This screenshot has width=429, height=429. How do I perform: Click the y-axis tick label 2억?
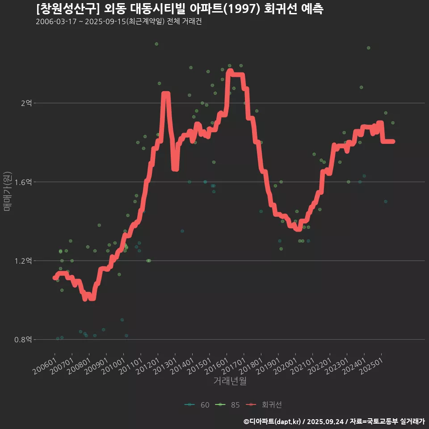tap(26, 103)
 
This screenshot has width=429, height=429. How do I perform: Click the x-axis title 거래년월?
tap(230, 381)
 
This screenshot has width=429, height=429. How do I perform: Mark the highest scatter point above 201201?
tap(156, 44)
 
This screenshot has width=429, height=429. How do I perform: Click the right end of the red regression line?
tap(393, 141)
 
